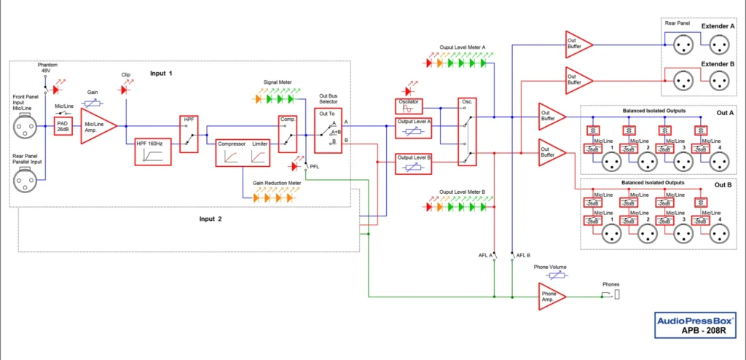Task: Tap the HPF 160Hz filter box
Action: (x=151, y=152)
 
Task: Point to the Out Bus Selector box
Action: (x=328, y=130)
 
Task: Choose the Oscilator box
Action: (x=408, y=106)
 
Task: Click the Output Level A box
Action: (x=413, y=128)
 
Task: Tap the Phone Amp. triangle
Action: (x=551, y=297)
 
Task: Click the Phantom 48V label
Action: (x=47, y=69)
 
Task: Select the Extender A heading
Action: (x=718, y=26)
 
